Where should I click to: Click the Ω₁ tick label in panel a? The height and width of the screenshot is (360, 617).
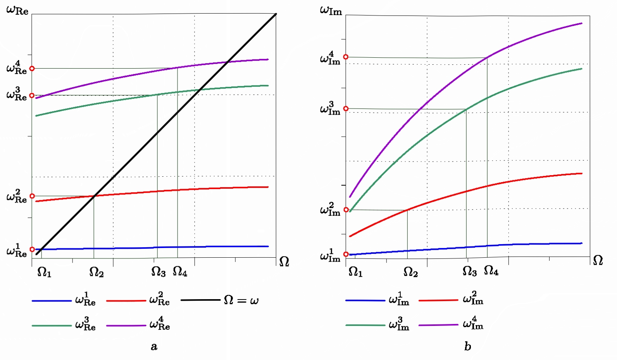[44, 272]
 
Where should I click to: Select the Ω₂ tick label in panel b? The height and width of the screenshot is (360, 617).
[410, 272]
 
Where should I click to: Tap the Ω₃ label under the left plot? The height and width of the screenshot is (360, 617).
[158, 272]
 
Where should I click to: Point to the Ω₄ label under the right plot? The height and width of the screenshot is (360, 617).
[491, 271]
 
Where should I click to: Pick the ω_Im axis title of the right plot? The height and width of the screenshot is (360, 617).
[331, 10]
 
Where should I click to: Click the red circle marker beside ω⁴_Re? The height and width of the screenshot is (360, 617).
[32, 69]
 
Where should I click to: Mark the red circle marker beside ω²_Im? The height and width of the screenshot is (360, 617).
[346, 210]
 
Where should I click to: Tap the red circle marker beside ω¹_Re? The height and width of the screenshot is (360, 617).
[32, 250]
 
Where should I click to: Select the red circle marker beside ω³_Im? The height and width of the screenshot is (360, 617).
[346, 109]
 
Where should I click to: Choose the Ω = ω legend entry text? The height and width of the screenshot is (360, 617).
[241, 300]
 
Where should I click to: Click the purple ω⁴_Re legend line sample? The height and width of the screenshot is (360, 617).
[126, 326]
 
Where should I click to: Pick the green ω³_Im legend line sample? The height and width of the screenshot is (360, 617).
[365, 325]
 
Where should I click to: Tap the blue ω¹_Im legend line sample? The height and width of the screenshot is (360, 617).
[365, 300]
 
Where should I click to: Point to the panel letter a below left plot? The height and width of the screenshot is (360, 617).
[154, 346]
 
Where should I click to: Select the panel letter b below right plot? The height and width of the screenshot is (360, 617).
[467, 346]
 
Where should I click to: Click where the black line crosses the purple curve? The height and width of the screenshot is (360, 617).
[228, 62]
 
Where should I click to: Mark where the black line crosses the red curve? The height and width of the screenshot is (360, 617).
[94, 196]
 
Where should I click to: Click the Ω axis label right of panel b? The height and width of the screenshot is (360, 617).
[598, 260]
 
